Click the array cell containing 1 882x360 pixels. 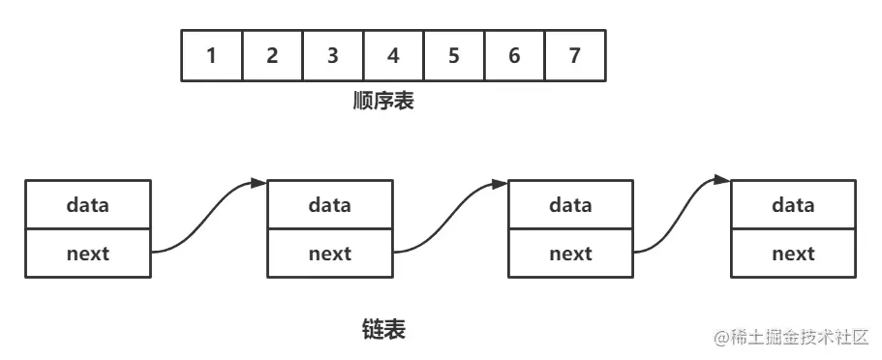(211, 55)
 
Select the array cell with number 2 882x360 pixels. (272, 55)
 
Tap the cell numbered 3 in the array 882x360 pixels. (332, 55)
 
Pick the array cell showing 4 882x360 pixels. (393, 55)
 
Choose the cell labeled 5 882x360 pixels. (453, 55)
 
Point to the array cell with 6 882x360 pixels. (514, 55)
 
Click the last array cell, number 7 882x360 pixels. (574, 55)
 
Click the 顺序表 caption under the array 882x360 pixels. (383, 101)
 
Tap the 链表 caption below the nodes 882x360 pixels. (382, 330)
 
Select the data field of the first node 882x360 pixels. (88, 204)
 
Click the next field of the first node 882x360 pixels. (88, 254)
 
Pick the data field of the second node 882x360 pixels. (330, 204)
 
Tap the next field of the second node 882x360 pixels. (330, 254)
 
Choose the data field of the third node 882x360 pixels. (570, 204)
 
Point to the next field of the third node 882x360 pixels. (570, 254)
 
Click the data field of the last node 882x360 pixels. (793, 204)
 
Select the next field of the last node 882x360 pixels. (793, 254)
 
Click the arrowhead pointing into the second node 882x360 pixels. (259, 182)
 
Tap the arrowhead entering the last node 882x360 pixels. (723, 179)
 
